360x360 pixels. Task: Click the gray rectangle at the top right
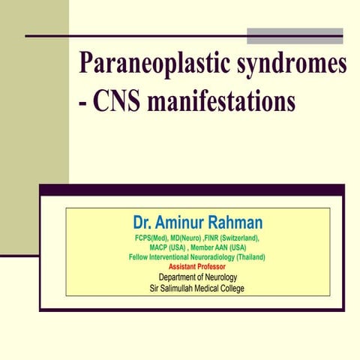click(x=295, y=35)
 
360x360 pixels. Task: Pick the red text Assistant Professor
click(x=197, y=267)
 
